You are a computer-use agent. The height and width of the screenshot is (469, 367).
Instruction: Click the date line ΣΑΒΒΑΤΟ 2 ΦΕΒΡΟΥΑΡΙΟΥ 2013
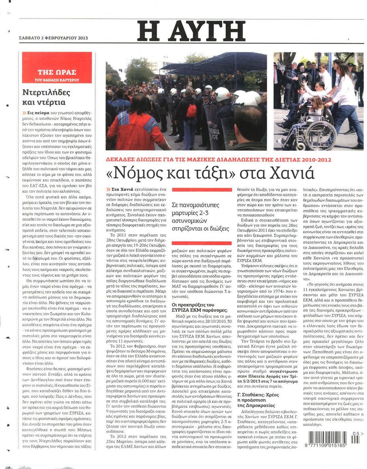tap(53, 38)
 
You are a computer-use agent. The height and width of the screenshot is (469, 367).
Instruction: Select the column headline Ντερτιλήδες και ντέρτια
tap(47, 98)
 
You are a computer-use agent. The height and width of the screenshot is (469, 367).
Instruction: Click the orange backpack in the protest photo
tap(191, 110)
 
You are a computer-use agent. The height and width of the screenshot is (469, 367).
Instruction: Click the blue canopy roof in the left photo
tap(215, 63)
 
